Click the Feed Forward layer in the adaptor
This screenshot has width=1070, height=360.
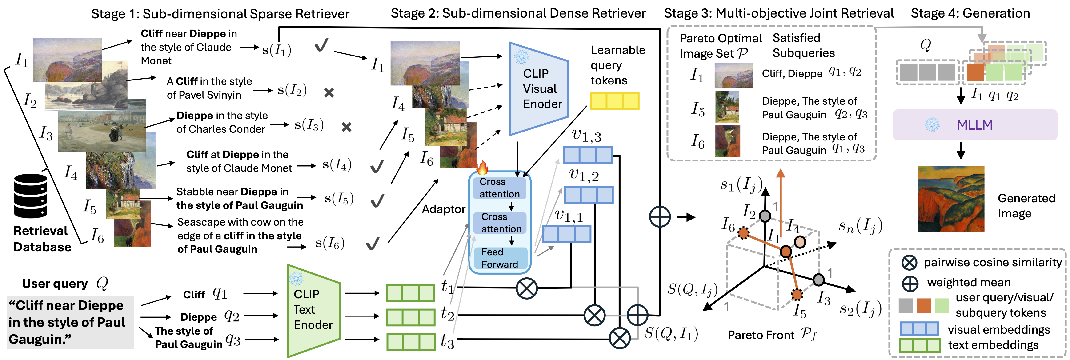point(500,258)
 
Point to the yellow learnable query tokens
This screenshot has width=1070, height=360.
point(614,101)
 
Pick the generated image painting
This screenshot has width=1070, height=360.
point(951,199)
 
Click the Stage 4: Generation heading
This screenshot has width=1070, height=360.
point(970,13)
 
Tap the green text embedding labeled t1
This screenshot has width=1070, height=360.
point(410,293)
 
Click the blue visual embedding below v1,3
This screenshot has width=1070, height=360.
point(587,155)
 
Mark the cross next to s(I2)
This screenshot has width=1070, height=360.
point(329,93)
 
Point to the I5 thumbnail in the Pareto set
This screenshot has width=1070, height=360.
point(727,107)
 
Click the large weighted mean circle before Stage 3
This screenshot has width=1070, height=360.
point(660,217)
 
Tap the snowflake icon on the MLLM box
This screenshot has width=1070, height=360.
point(932,124)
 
